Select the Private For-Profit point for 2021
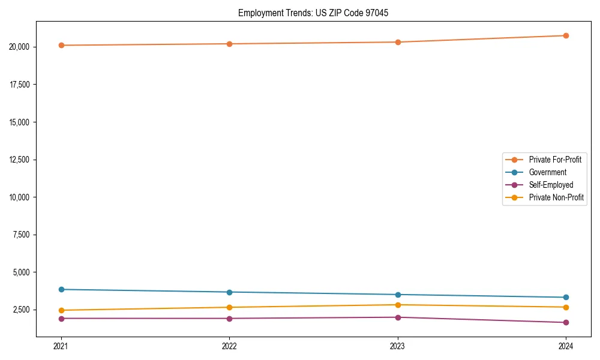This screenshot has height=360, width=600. (61, 45)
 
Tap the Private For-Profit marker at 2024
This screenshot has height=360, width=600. (566, 35)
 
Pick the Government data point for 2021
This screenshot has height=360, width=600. (61, 289)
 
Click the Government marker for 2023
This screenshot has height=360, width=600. (398, 295)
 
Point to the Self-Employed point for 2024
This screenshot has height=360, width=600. (566, 322)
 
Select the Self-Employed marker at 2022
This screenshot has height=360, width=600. (229, 318)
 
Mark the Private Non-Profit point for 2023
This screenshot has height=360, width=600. (398, 305)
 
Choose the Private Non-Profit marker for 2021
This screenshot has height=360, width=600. (61, 310)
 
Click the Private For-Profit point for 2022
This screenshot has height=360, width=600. (229, 44)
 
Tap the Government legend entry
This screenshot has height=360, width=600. (547, 172)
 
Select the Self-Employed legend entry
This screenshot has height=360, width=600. (551, 185)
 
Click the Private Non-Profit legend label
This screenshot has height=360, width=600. (556, 197)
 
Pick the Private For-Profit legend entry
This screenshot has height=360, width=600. (555, 160)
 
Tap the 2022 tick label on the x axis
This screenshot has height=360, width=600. (229, 346)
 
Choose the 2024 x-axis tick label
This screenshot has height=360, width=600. (566, 346)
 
